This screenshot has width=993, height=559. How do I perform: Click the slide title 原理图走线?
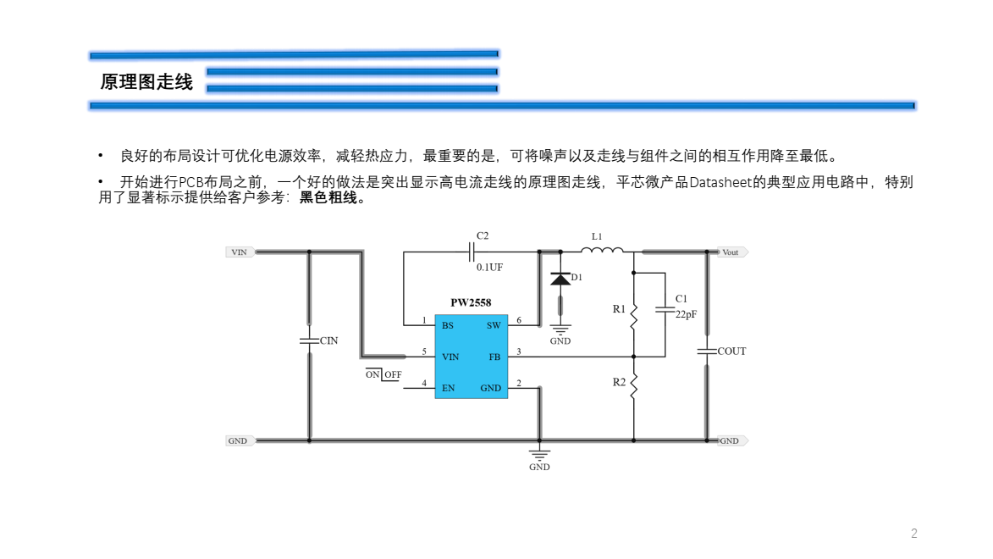point(146,82)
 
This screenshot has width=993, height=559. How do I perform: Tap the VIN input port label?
point(239,252)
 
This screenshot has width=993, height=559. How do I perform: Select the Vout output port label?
point(730,252)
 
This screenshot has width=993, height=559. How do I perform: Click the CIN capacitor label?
point(328,340)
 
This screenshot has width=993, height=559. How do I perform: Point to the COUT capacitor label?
point(731,351)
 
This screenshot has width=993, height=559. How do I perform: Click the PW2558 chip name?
point(471,302)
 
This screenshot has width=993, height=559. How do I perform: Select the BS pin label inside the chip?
point(447,325)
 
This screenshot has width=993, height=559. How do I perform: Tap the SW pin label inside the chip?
point(494,325)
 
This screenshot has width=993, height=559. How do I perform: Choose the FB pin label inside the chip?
point(494,357)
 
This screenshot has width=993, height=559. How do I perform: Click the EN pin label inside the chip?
point(448,389)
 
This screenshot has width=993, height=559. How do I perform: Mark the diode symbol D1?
point(559,279)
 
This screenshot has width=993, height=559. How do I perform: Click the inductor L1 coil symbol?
point(602,250)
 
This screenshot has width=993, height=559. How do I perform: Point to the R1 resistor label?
point(619,309)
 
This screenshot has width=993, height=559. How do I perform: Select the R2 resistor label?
point(619,382)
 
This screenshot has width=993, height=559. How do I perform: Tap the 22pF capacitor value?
point(686,313)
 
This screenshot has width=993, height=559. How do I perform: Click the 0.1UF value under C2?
point(489,267)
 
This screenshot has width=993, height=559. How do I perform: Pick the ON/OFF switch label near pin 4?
point(383,374)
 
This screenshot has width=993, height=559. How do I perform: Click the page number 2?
point(914,534)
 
